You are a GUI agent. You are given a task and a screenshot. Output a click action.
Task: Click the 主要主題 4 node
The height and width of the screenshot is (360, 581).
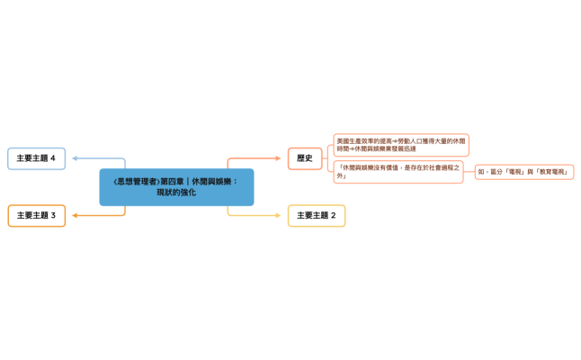pos(36,158)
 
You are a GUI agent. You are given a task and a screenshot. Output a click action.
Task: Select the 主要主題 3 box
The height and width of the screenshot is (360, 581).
pos(36,216)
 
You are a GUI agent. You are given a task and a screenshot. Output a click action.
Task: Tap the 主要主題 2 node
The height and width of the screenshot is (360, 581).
pos(316,216)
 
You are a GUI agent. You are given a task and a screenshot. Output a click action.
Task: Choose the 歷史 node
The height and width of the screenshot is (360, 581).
pos(304,158)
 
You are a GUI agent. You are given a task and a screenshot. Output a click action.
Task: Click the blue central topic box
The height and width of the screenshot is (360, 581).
pos(176,187)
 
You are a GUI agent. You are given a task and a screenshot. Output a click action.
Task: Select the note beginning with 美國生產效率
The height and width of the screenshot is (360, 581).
pos(400,145)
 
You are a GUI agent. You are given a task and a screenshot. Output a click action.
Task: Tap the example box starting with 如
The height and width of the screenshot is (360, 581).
pos(525,171)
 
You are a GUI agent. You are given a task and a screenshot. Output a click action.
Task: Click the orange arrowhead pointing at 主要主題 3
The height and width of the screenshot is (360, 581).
pos(73,216)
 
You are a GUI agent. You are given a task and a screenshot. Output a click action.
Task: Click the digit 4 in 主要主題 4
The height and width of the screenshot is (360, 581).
pos(53,158)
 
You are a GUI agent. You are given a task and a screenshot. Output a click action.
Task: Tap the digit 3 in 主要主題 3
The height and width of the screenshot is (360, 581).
pos(53,216)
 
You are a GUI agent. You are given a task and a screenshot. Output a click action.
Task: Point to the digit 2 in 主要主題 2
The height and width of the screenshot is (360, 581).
pos(334,216)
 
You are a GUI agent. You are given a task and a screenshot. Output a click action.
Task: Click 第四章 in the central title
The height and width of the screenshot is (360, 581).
pos(171,182)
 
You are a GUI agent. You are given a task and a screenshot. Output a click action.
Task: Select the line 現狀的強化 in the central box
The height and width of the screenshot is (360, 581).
pos(176,193)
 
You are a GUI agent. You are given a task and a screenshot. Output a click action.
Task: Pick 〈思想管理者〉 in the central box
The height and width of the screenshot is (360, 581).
pos(136,182)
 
